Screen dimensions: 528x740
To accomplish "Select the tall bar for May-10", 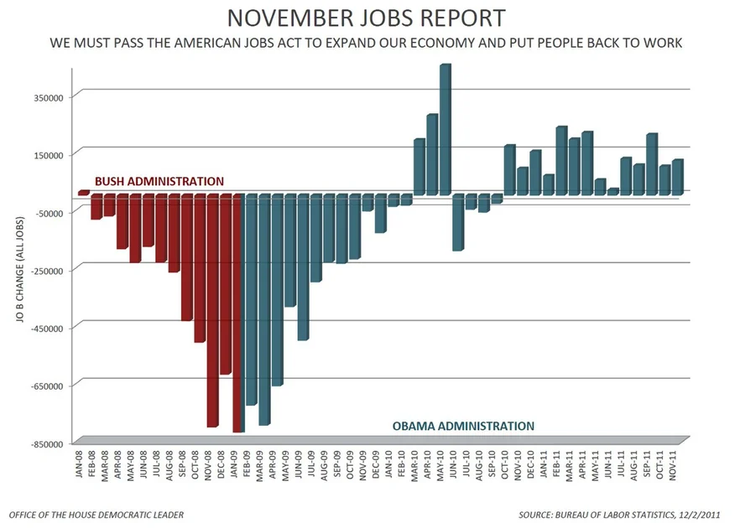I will tap(445, 130).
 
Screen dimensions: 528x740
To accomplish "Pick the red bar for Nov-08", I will tap(211, 310).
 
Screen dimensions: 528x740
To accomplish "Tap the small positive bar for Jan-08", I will tap(83, 193).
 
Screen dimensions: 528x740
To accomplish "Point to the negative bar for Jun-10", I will tap(457, 222).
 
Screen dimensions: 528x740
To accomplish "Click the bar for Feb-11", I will tap(560, 161).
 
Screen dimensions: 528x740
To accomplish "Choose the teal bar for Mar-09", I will tap(263, 309).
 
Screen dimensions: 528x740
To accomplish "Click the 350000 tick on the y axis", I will tap(50, 97).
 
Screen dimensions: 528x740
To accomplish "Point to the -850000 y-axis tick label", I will tap(48, 443).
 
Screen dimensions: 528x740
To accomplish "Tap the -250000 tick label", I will tap(48, 270).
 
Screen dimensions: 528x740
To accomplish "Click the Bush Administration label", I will tap(159, 181).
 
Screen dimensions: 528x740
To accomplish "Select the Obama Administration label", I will tap(463, 426).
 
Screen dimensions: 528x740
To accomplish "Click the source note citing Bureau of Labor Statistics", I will tap(632, 515).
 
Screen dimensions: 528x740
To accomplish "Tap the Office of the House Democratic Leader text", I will tap(96, 515).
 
